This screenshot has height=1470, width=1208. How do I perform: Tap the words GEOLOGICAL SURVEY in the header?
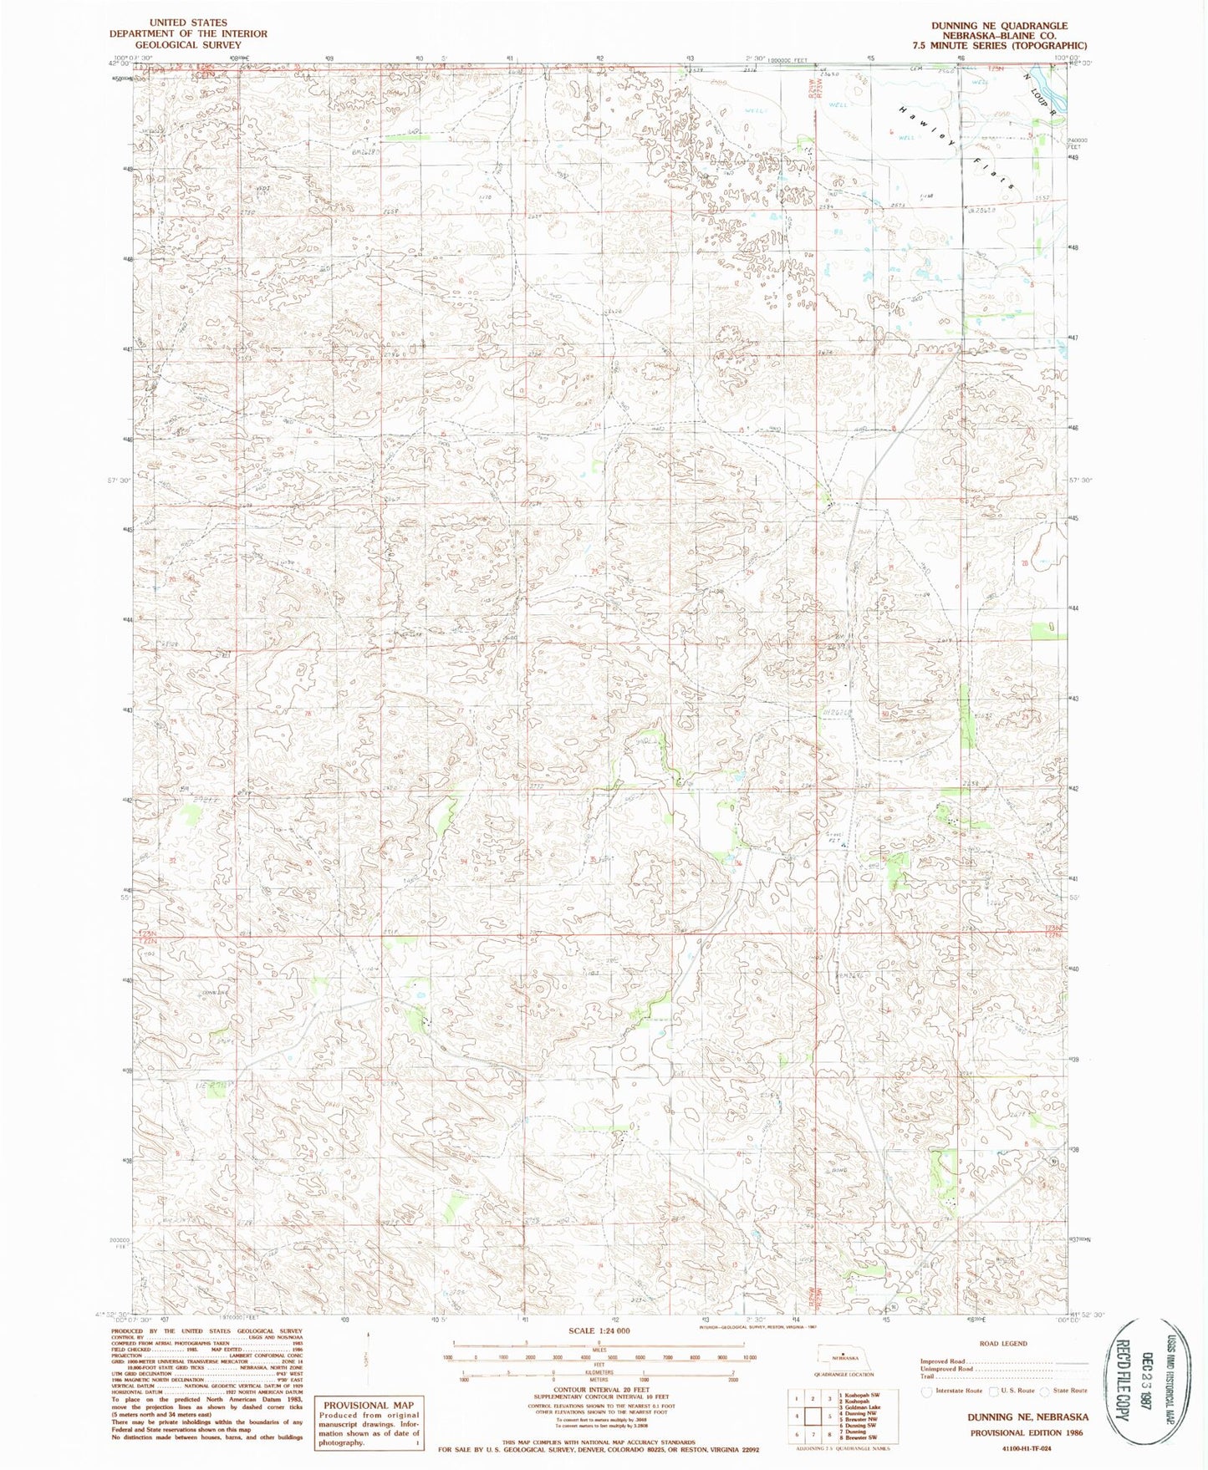tap(188, 45)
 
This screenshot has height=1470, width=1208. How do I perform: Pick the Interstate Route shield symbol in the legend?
tap(926, 1391)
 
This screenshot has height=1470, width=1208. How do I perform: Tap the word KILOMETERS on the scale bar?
tap(598, 1372)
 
